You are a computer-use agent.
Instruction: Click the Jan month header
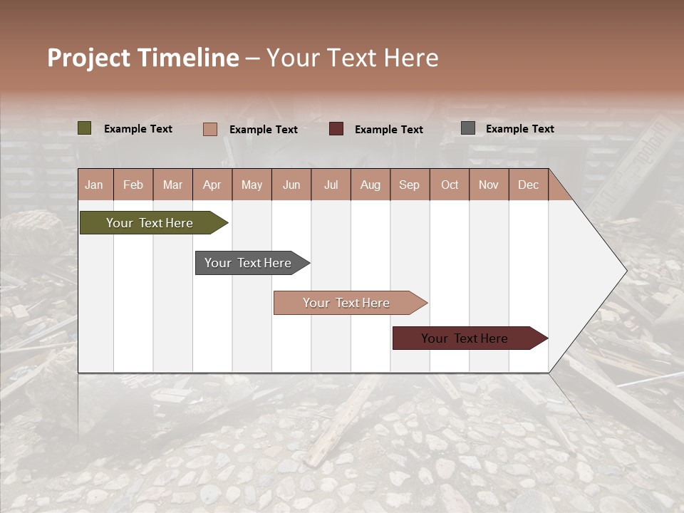[94, 185]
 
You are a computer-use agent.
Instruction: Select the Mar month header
[172, 185]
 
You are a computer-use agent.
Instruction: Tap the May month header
[252, 185]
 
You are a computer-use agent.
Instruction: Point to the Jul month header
[331, 185]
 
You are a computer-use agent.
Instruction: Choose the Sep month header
[409, 185]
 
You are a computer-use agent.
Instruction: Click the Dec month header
[528, 185]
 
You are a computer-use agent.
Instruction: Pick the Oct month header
[450, 185]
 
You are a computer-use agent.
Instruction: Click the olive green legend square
[85, 128]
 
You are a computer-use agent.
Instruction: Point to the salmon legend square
[210, 129]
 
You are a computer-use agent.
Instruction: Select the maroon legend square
[336, 129]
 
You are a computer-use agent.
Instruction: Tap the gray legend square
[468, 128]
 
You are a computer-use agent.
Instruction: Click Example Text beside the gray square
[519, 129]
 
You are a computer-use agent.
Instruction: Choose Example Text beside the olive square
[138, 129]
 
